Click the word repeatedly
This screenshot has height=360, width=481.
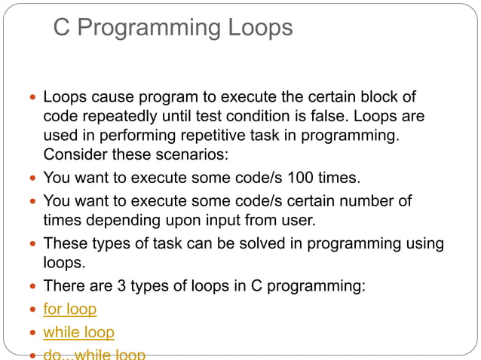[119, 117]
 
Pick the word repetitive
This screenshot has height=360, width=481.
[223, 136]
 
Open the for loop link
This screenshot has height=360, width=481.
[70, 309]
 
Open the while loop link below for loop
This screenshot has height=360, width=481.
[79, 332]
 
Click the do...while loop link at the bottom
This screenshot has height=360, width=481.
[94, 354]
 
